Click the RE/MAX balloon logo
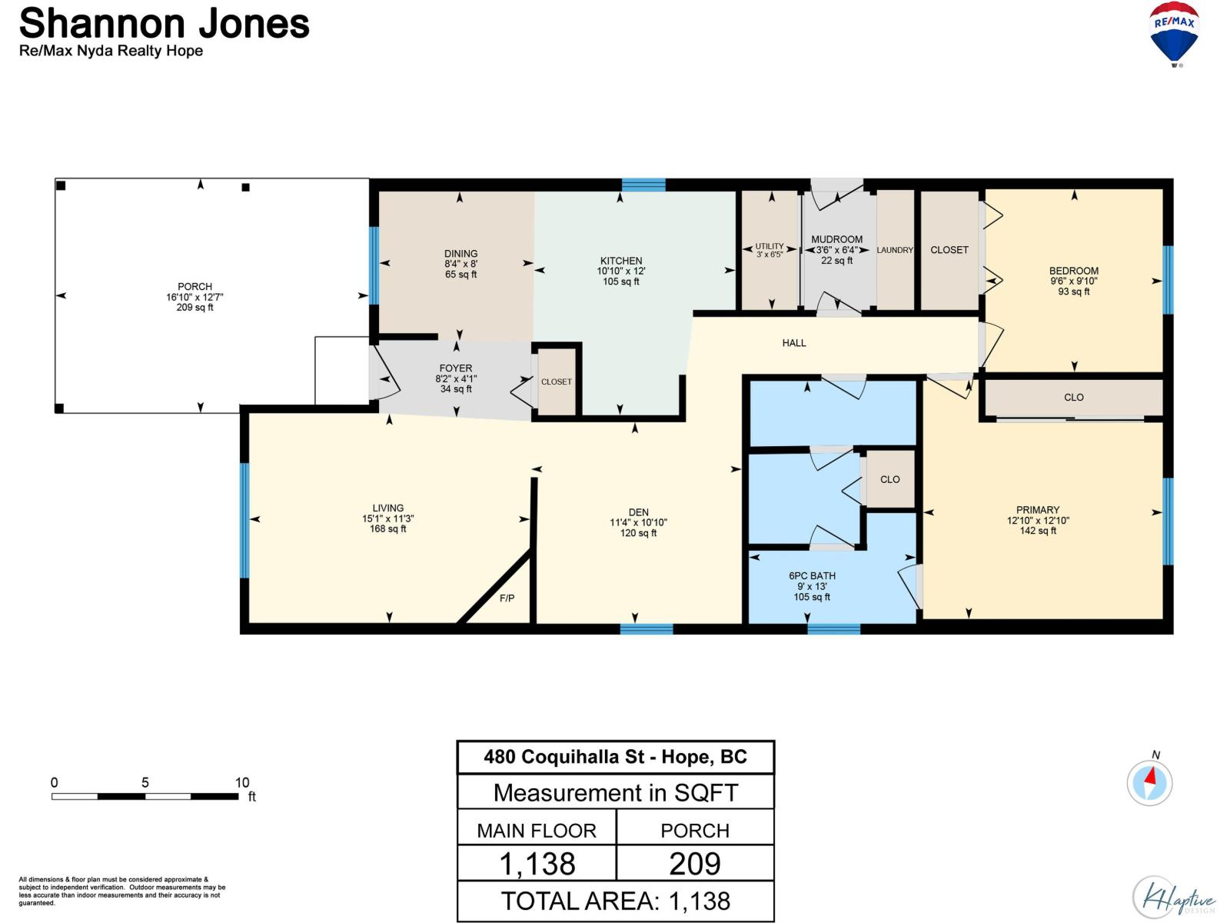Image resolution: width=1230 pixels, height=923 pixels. point(1173,34)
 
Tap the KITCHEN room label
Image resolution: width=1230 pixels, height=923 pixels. point(621,261)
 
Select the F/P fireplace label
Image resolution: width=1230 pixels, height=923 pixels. point(507,598)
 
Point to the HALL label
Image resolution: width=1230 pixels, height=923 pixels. point(794,343)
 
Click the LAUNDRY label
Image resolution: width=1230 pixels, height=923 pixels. point(895,250)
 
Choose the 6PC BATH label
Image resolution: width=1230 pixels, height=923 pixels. point(812,575)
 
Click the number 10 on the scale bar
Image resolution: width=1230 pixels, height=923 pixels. point(242,782)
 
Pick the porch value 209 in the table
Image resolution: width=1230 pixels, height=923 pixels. point(695,864)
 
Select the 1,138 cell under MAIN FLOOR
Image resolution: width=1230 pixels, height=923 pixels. point(537,864)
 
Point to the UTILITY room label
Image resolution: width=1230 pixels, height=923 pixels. point(770,246)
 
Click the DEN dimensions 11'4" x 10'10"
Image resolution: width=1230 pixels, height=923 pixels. point(638,522)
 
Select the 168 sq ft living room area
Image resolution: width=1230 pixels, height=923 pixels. point(387,528)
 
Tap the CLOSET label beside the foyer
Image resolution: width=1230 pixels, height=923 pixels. point(557,382)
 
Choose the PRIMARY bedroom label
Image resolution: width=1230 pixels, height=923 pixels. point(1038,510)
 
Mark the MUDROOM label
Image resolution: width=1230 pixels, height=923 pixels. point(836,239)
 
